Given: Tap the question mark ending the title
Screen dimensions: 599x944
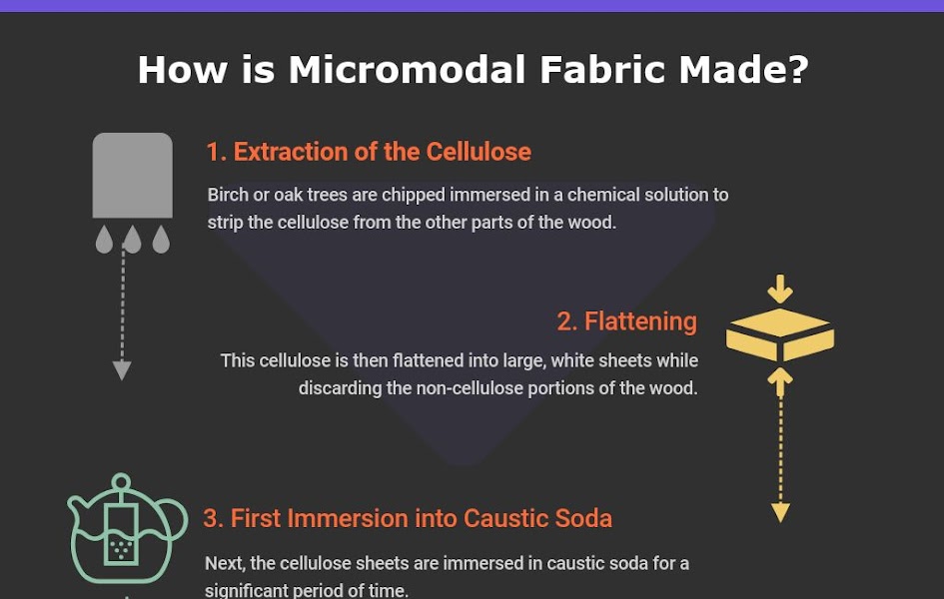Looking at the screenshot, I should (x=795, y=70).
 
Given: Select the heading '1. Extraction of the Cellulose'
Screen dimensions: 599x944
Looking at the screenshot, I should (x=369, y=152).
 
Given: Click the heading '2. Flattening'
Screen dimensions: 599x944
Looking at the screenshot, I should (x=626, y=321).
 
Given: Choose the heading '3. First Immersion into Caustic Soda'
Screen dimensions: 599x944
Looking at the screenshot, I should (x=408, y=518).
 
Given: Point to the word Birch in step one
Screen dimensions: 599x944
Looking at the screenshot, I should (x=228, y=195).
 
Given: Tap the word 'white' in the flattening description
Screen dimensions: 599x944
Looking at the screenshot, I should (x=574, y=360).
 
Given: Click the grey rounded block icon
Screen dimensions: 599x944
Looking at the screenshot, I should (x=132, y=176).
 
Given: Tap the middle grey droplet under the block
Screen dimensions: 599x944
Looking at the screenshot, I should (x=132, y=240).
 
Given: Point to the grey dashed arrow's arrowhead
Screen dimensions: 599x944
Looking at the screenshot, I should (x=122, y=370).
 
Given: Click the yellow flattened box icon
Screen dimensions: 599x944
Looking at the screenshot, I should (x=780, y=335).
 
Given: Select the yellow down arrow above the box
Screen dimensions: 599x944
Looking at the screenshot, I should (x=780, y=290).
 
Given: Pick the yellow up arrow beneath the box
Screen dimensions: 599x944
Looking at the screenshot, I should (x=780, y=380).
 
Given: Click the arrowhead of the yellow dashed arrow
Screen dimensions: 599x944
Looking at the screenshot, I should (x=781, y=513).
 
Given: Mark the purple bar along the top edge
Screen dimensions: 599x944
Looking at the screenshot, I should (x=472, y=6).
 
